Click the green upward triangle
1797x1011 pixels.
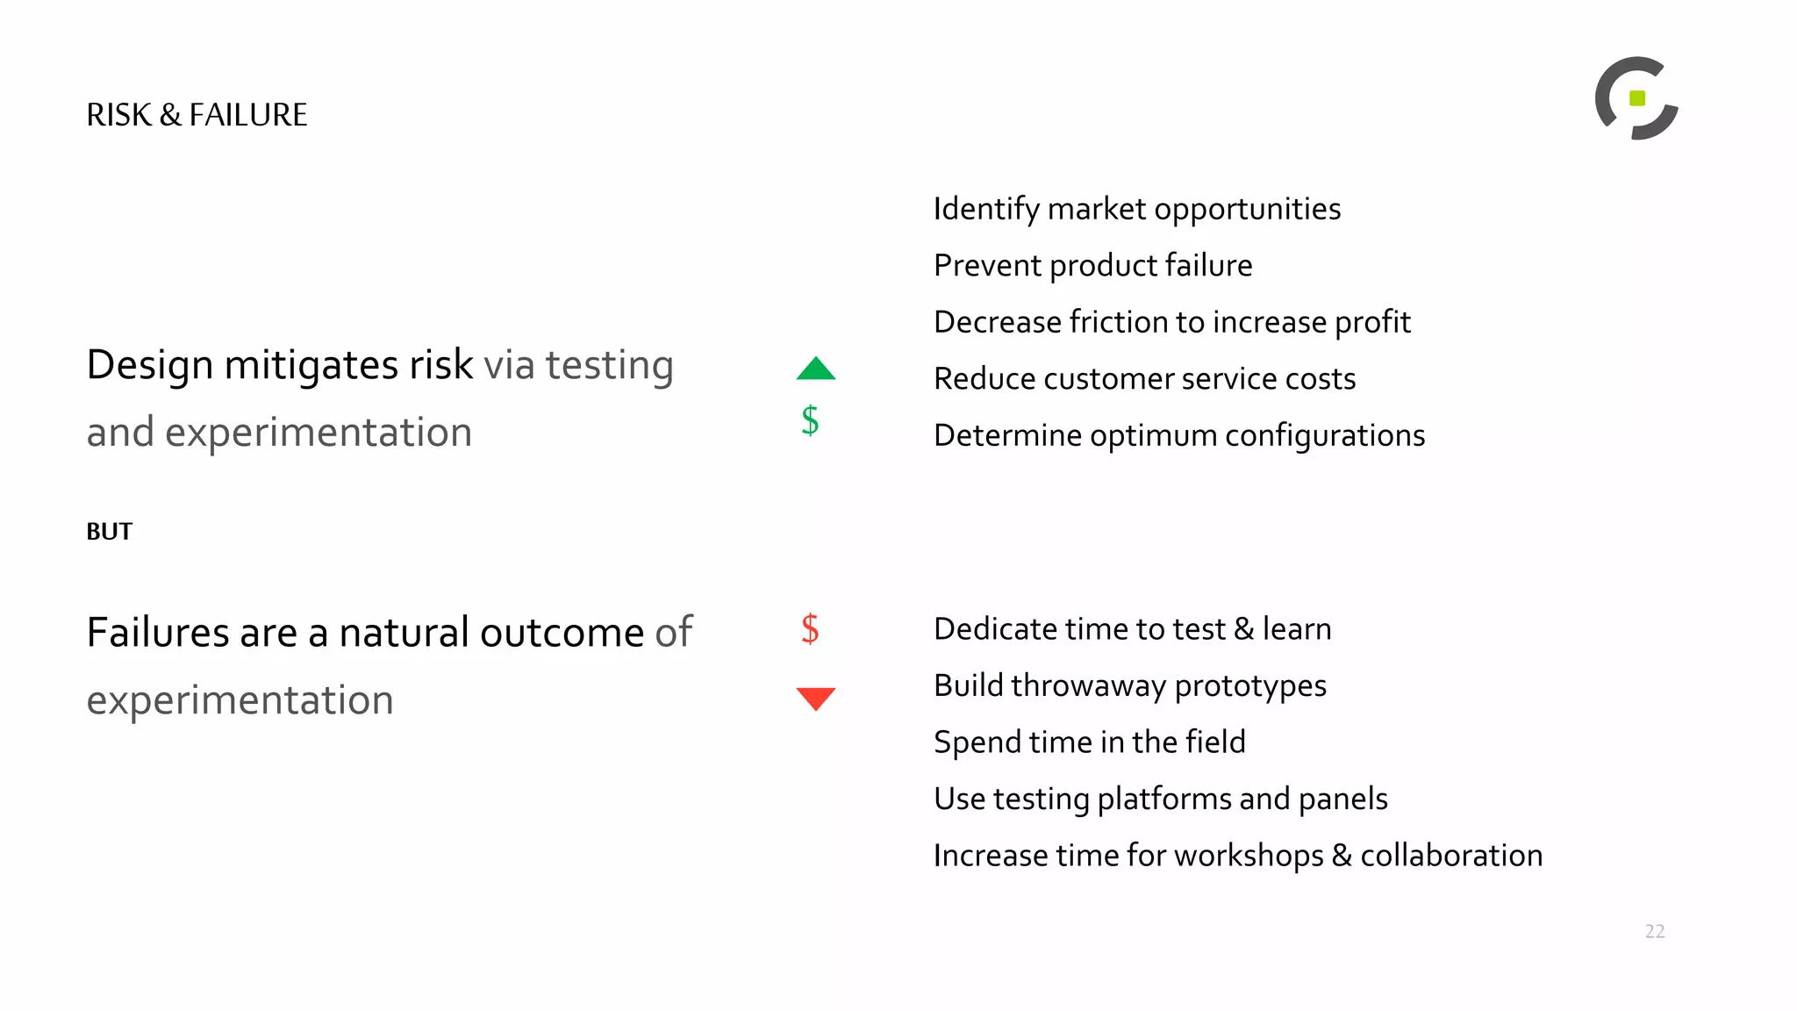tap(816, 370)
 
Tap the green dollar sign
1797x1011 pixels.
tap(810, 420)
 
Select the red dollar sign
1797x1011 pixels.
tap(810, 629)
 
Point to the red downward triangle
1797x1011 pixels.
tap(816, 698)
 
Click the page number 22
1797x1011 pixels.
tap(1655, 931)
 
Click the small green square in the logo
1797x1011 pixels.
tap(1637, 98)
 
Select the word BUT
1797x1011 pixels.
tap(110, 532)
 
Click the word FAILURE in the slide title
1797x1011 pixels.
tap(248, 115)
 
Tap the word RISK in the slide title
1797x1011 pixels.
tap(119, 115)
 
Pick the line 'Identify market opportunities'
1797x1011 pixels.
tap(1137, 210)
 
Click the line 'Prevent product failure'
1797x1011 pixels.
tap(1093, 266)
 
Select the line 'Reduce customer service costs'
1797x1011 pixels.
tap(1145, 379)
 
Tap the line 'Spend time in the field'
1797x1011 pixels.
tap(1090, 742)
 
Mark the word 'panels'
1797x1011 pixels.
tap(1342, 799)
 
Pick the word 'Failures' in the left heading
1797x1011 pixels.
tap(158, 633)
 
